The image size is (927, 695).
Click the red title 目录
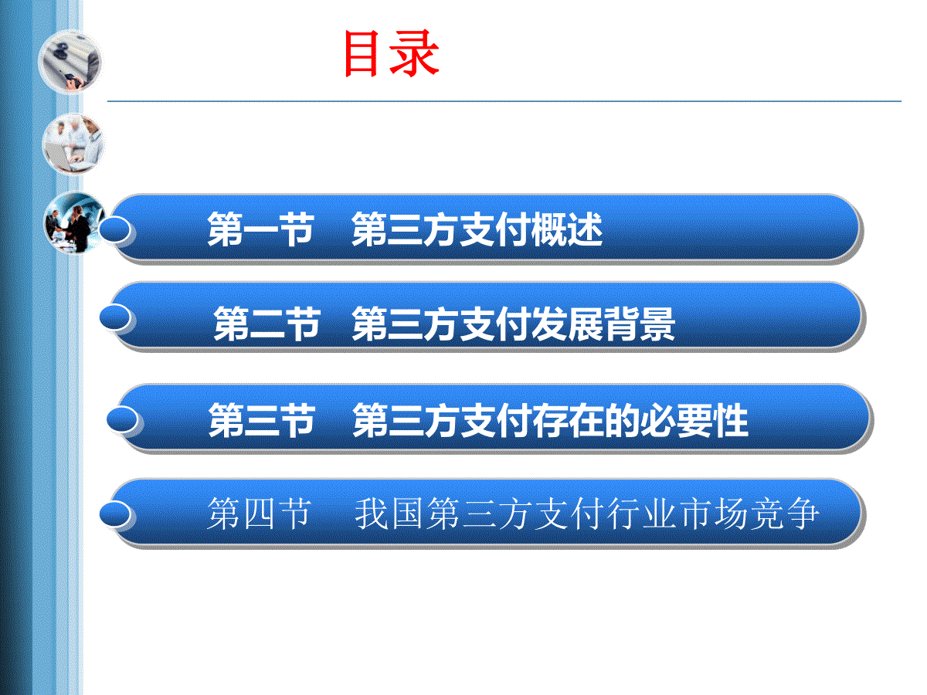point(392,53)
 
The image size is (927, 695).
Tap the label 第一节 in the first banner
point(260,229)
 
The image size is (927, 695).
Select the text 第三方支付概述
point(477,229)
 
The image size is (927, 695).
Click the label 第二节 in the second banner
point(267,324)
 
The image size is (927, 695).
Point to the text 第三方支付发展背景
point(513,324)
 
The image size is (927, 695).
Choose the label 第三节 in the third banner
point(262,420)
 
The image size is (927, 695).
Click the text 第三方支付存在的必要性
point(550,420)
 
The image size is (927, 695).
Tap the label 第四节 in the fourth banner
point(260,513)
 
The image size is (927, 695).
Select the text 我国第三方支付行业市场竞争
point(587,513)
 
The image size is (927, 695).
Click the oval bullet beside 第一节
point(114,229)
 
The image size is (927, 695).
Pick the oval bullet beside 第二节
point(115,317)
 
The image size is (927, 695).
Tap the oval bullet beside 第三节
point(122,419)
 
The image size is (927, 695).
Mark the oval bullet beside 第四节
point(115,514)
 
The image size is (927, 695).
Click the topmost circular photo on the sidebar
point(70,61)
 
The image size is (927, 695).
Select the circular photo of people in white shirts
point(73,144)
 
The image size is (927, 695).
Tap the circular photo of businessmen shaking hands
point(75,223)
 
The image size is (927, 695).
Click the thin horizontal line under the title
point(504,101)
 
